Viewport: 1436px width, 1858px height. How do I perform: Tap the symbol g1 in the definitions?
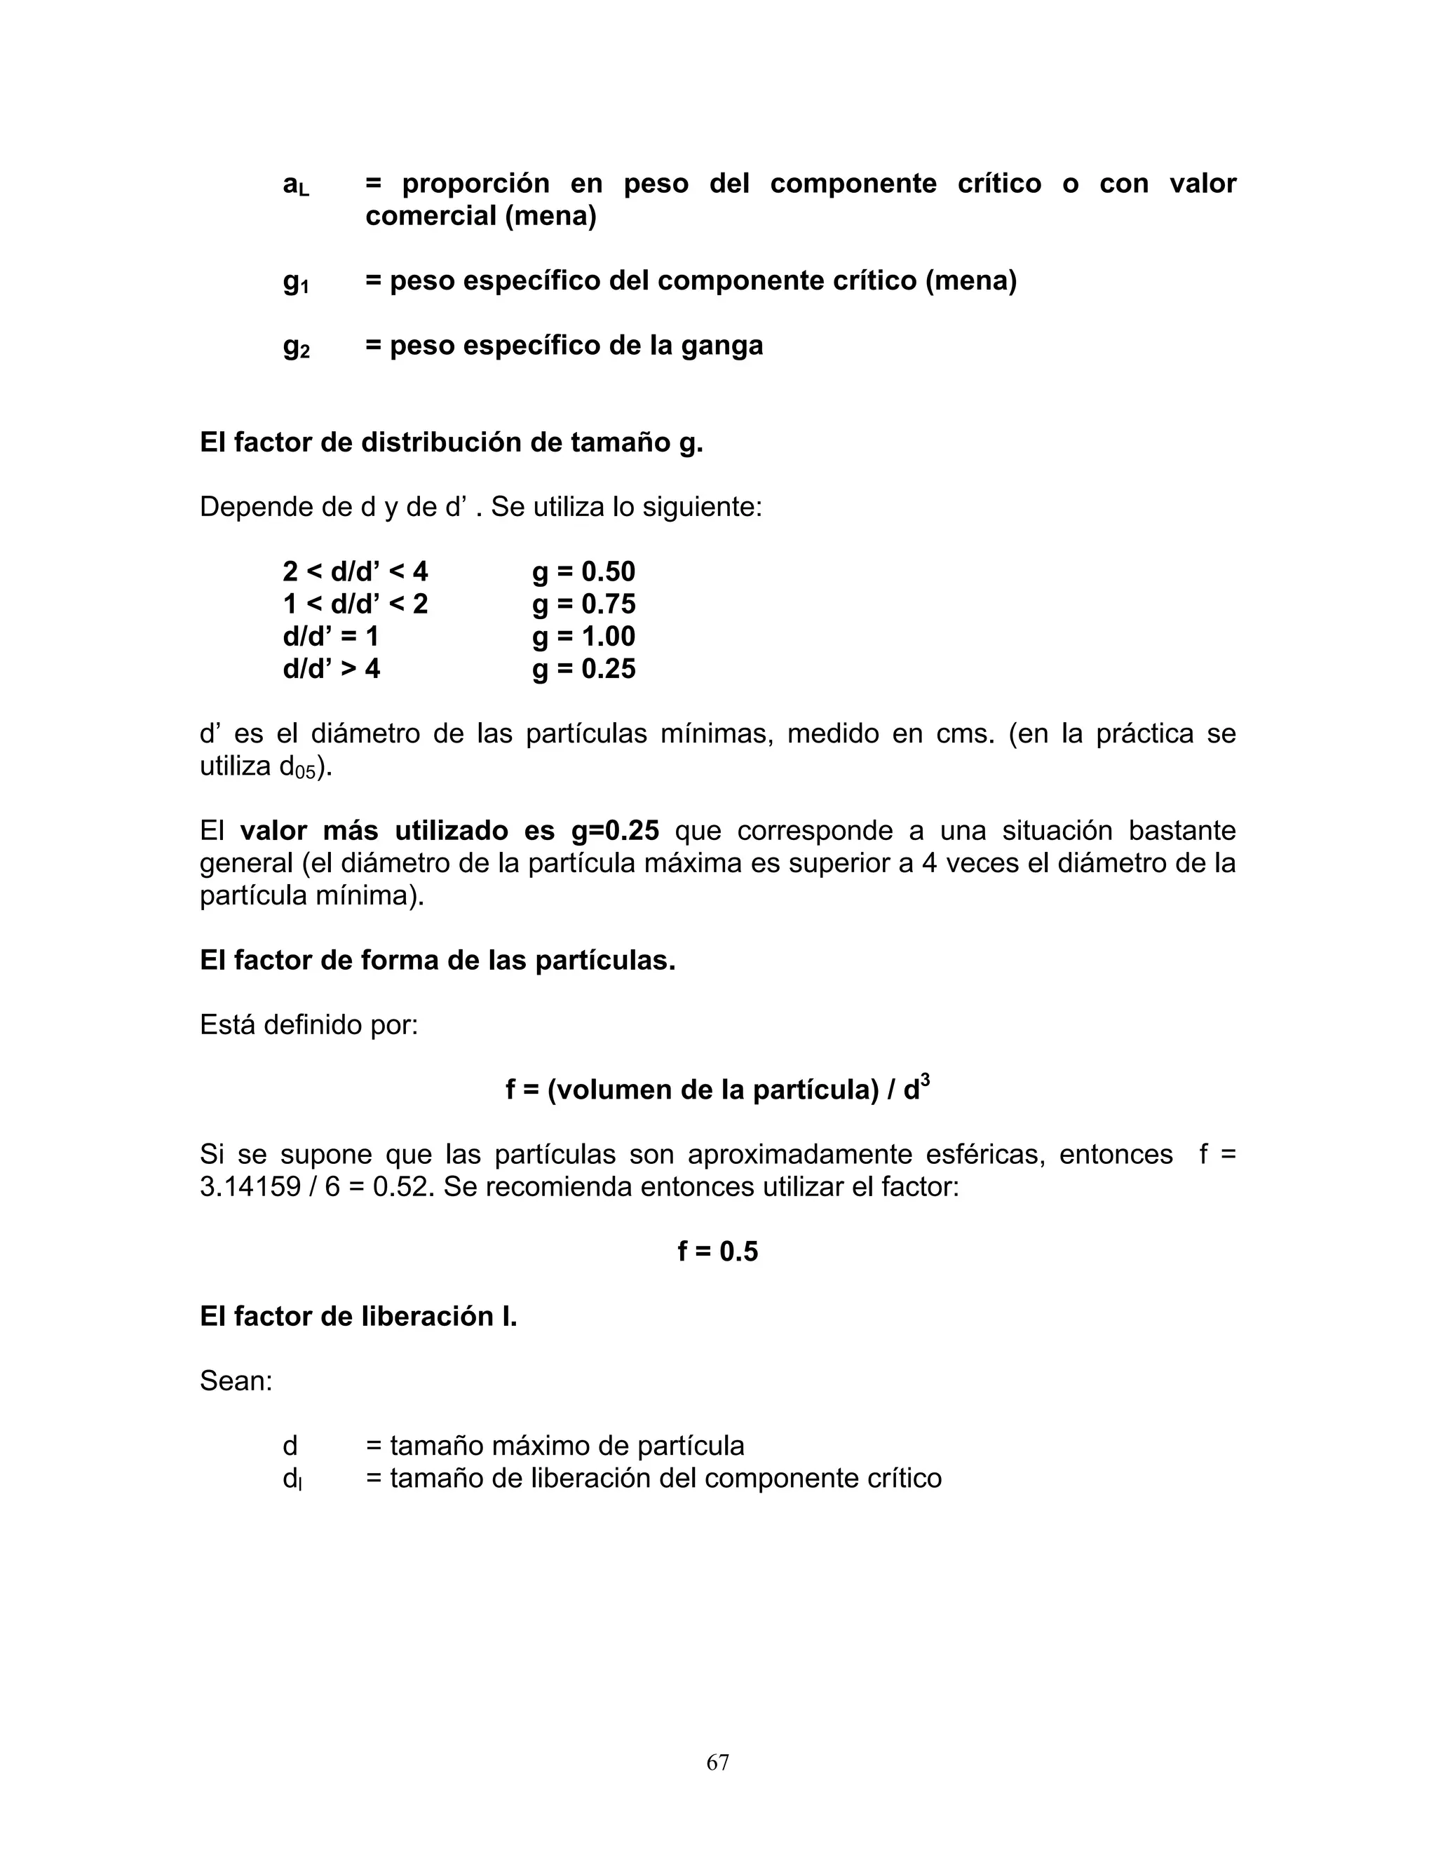[x=295, y=283]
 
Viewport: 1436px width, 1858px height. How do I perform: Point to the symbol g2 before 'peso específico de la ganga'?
[x=295, y=347]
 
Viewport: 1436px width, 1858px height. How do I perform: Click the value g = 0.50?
[x=583, y=571]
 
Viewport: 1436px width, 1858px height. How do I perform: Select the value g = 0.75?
[x=583, y=604]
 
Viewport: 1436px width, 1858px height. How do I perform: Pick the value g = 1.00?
[x=583, y=637]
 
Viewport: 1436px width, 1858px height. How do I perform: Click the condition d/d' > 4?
[x=331, y=669]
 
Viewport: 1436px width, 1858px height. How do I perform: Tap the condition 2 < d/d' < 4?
[x=355, y=571]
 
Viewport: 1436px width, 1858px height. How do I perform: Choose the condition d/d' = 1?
[x=330, y=637]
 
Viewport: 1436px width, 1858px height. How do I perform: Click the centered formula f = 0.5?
[x=717, y=1252]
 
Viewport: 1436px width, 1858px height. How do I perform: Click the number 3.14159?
[x=249, y=1187]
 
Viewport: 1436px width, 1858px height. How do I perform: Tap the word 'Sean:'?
[x=236, y=1381]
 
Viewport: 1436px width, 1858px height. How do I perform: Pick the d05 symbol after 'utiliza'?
[x=298, y=767]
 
